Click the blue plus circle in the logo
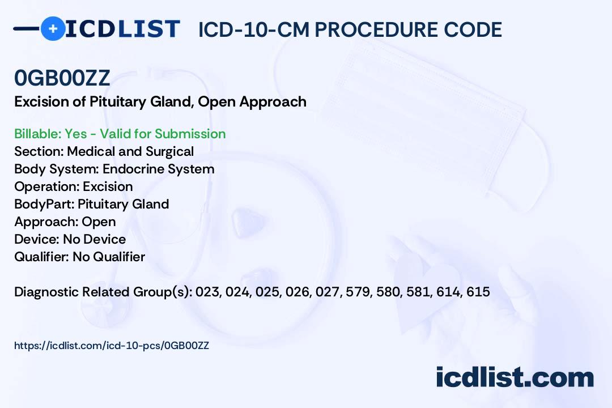(53, 28)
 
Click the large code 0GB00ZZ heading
(62, 78)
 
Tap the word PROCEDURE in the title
(376, 29)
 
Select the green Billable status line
(120, 134)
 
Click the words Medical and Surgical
(130, 151)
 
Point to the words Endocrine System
(159, 169)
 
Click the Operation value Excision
(108, 186)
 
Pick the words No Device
(95, 239)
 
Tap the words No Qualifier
(109, 257)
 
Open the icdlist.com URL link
(112, 346)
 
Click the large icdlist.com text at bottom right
(515, 377)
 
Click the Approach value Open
(99, 222)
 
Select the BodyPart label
(44, 204)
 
